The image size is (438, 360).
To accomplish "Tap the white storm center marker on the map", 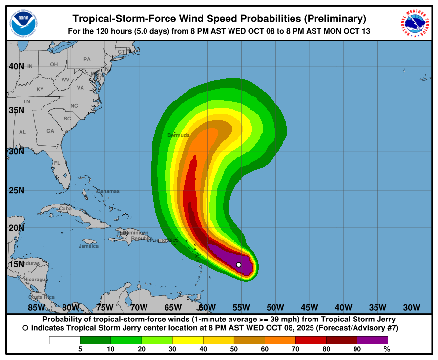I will click(x=238, y=265).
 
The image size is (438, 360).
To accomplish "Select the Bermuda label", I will click(x=178, y=135).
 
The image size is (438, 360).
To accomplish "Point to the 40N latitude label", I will click(x=17, y=66).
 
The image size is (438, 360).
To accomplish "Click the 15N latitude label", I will click(x=17, y=264).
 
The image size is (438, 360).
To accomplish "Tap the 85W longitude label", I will click(x=37, y=307).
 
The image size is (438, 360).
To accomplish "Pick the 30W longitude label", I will click(x=412, y=307).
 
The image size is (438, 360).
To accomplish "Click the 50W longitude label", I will click(x=275, y=307).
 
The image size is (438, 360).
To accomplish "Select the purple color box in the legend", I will click(x=372, y=340).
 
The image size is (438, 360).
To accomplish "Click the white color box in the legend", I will click(x=64, y=340).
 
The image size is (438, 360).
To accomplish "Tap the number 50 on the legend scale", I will click(x=234, y=349).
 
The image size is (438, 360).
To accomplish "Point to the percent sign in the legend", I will click(x=387, y=349).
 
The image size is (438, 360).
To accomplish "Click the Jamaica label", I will click(x=88, y=246).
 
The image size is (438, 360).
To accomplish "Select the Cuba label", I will click(x=65, y=208).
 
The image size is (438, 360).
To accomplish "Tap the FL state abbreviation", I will click(x=57, y=163).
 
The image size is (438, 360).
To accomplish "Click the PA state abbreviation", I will click(x=87, y=59).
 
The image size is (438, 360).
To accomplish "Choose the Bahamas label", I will click(x=108, y=191).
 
